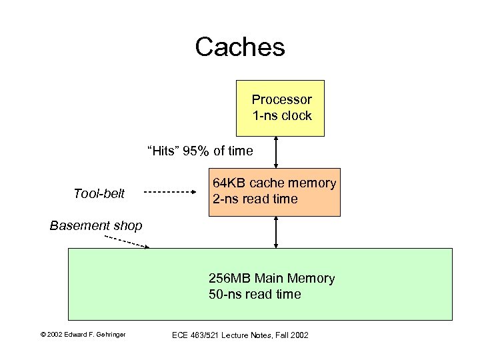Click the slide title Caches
coord(240,47)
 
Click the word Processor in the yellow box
coord(281,100)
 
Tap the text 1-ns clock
coord(281,116)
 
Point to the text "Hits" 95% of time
coord(200,151)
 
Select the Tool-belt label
coord(99,193)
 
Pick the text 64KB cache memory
coord(274,183)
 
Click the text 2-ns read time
coord(255,199)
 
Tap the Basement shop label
coord(96,226)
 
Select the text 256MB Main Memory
coord(271,279)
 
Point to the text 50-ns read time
coord(255,295)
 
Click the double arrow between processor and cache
coord(275,152)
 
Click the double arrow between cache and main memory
coord(275,232)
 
